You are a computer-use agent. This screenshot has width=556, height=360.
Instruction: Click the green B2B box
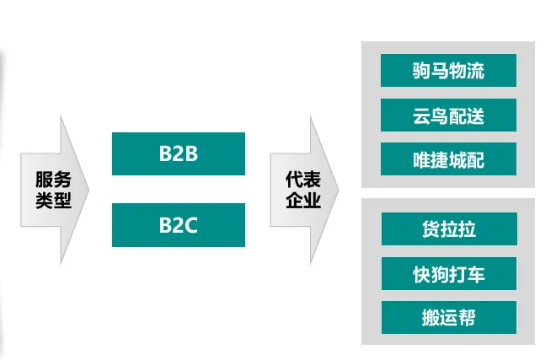179,153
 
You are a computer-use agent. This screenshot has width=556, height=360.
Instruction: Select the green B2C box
179,224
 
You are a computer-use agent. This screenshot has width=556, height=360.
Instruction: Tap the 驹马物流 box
448,70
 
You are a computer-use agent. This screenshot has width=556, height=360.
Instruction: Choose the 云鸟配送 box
448,115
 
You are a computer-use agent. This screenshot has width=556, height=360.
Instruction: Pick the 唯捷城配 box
448,159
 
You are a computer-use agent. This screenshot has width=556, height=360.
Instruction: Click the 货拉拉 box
449,228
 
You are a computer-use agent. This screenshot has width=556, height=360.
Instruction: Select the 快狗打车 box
449,273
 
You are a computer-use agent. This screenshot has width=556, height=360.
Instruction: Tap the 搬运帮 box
449,317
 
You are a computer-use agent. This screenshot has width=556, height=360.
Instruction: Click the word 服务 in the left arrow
53,180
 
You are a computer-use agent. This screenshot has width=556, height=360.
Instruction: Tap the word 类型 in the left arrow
53,201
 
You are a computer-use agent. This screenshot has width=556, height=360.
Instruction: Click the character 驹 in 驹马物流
422,70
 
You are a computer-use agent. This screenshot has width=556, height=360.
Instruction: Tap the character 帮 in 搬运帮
466,317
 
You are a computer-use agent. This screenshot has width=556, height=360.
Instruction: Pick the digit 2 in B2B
178,154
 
